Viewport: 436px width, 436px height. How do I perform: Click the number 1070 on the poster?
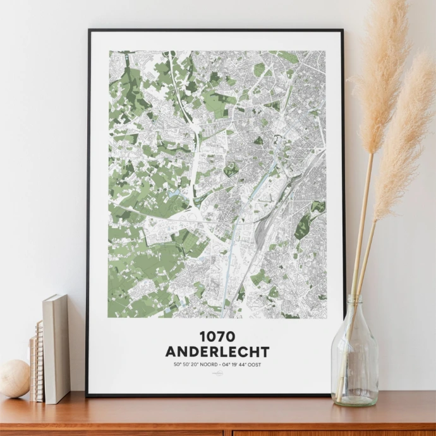click(x=217, y=337)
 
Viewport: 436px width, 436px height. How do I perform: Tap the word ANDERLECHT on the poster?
click(x=217, y=352)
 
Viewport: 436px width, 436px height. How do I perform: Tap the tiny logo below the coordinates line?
click(x=217, y=373)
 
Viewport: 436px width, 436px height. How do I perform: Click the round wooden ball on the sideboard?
click(x=14, y=378)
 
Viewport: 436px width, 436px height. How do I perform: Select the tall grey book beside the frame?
click(x=56, y=348)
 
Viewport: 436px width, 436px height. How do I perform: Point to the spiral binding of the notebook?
click(x=39, y=360)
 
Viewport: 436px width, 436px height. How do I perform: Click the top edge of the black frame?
click(x=215, y=30)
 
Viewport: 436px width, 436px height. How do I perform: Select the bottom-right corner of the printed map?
click(x=325, y=317)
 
